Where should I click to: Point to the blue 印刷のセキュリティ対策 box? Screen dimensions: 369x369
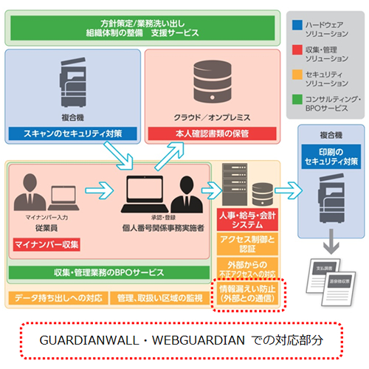point(329,157)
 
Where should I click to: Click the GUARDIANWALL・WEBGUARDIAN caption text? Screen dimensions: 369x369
point(184,341)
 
